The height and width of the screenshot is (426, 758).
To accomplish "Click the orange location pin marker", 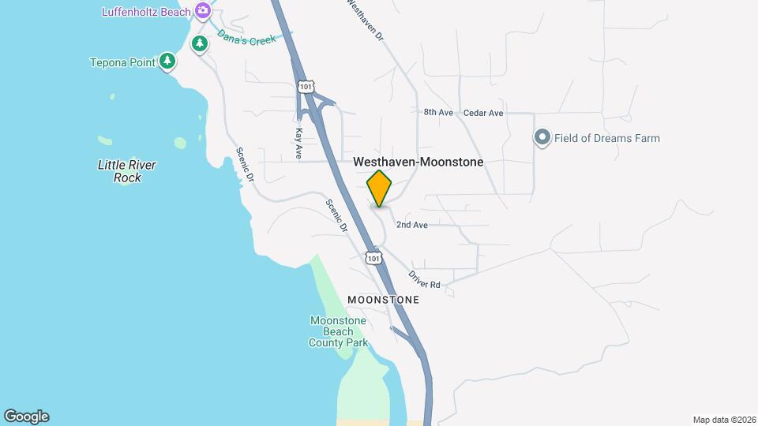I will pyautogui.click(x=379, y=189).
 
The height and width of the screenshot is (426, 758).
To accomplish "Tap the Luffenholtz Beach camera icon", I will pyautogui.click(x=203, y=11).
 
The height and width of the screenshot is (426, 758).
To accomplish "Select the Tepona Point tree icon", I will pyautogui.click(x=167, y=61).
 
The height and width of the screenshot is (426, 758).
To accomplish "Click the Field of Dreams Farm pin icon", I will pyautogui.click(x=542, y=138).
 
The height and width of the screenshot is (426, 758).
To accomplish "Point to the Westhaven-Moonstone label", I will pyautogui.click(x=418, y=162).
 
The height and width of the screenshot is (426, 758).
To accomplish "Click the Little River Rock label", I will pyautogui.click(x=126, y=171).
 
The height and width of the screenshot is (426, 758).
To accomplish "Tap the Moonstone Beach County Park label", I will pyautogui.click(x=338, y=331).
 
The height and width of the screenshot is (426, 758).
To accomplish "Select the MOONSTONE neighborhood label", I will pyautogui.click(x=383, y=300).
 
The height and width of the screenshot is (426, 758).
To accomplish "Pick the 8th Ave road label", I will pyautogui.click(x=438, y=113).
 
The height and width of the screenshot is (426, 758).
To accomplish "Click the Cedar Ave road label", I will pyautogui.click(x=483, y=113).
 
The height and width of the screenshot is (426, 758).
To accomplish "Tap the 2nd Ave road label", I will pyautogui.click(x=411, y=225).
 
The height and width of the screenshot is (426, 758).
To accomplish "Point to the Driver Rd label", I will pyautogui.click(x=424, y=279).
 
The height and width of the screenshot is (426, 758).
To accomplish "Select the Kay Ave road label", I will pyautogui.click(x=298, y=144).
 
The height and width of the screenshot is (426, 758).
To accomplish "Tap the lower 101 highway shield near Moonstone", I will pyautogui.click(x=373, y=257).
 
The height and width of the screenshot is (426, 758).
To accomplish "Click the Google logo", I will pyautogui.click(x=26, y=417).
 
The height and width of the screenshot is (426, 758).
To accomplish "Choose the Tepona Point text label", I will pyautogui.click(x=122, y=62).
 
